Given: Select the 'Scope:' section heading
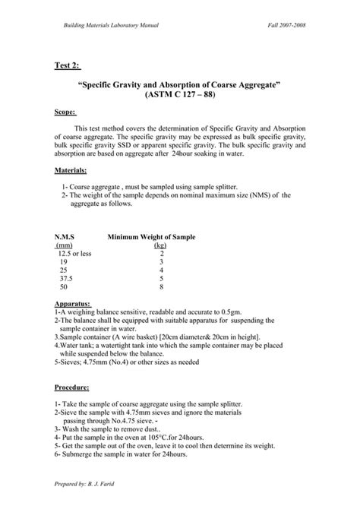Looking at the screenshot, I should tap(65, 111).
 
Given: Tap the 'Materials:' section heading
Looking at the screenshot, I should tap(71, 171).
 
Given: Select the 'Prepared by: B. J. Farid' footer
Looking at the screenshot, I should tap(88, 484).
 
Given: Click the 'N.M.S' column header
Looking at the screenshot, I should tap(65, 237).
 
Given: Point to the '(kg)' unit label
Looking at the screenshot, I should tap(160, 245).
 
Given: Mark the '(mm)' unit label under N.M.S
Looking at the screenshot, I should tap(64, 245).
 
